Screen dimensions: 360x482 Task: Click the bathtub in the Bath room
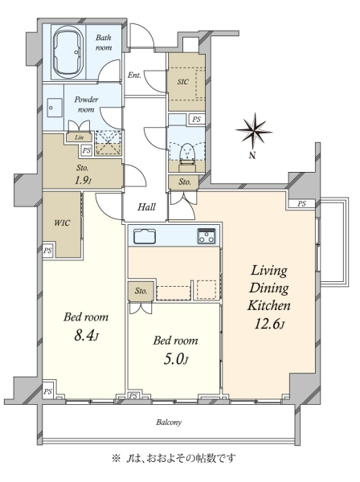[68, 52]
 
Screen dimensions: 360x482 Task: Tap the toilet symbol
[187, 153]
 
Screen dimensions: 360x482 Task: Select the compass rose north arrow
[254, 132]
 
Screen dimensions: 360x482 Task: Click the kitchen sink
[145, 236]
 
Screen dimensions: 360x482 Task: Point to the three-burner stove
[207, 235]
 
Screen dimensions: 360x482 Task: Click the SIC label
[183, 82]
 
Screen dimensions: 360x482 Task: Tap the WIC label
[62, 223]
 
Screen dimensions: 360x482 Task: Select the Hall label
[146, 207]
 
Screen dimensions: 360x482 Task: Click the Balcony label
[169, 423]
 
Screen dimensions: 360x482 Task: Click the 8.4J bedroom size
[86, 336]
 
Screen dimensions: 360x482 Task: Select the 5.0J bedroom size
[175, 359]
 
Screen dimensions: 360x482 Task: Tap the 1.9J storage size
[83, 180]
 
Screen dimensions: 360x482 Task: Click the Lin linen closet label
[79, 137]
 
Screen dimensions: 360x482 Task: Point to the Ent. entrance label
[134, 75]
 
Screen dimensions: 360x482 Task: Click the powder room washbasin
[55, 108]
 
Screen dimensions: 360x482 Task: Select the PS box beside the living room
[301, 203]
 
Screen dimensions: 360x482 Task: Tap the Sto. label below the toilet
[185, 182]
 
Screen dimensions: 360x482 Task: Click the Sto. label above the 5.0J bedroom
[141, 291]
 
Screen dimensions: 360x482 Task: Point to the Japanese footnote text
[174, 459]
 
